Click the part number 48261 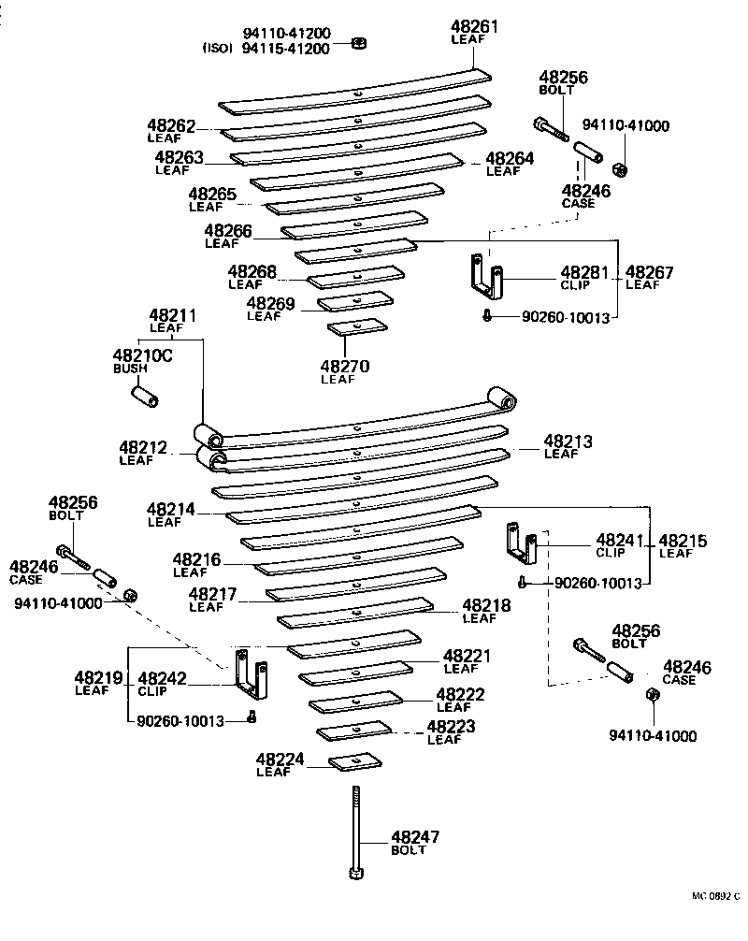point(474,28)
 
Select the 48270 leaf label point(344,367)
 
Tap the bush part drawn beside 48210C point(144,397)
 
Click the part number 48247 point(414,837)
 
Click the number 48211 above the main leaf point(173,316)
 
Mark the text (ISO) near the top point(220,49)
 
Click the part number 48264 point(510,159)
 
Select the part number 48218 point(487,605)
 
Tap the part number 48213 point(568,441)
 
